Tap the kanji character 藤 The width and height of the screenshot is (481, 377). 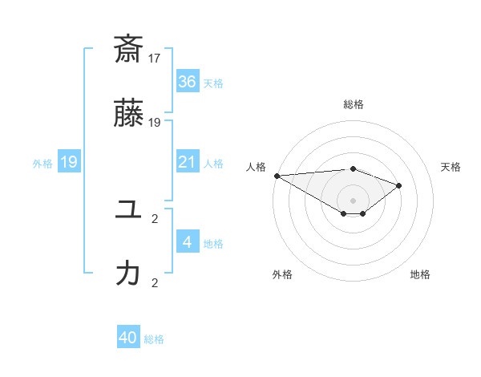coord(128,115)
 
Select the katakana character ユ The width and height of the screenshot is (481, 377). coord(128,211)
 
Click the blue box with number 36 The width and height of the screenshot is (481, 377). coord(188,82)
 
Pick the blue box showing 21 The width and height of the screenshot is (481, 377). coord(188,162)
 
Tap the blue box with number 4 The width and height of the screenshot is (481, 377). coord(188,242)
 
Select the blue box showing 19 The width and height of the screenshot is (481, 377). coord(69,162)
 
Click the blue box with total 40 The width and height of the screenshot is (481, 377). coord(128,338)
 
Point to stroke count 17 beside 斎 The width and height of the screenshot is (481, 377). coord(155,58)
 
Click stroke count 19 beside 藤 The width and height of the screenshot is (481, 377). coord(155,123)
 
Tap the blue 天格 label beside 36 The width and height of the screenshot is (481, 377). coord(213,83)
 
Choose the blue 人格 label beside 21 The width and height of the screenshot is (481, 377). coord(213,163)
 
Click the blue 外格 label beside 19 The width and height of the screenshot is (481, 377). coord(42,163)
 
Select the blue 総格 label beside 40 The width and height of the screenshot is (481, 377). coord(154,338)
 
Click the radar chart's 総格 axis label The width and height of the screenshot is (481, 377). coord(353,104)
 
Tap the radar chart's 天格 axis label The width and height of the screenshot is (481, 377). coord(451,167)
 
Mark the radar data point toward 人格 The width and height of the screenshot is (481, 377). coord(277,175)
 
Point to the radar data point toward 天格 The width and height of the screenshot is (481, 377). coord(398,185)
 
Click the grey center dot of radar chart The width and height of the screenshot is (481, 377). coord(353,200)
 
